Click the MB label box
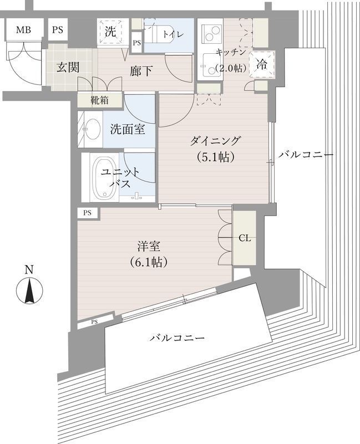click(x=23, y=30)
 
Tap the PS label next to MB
click(x=58, y=30)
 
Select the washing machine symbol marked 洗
click(x=111, y=32)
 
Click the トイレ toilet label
click(x=170, y=34)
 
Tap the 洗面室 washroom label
click(x=127, y=129)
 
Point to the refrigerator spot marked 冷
click(x=261, y=64)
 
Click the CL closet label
click(x=245, y=238)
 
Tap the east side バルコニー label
click(x=306, y=154)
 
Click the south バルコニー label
click(x=178, y=337)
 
